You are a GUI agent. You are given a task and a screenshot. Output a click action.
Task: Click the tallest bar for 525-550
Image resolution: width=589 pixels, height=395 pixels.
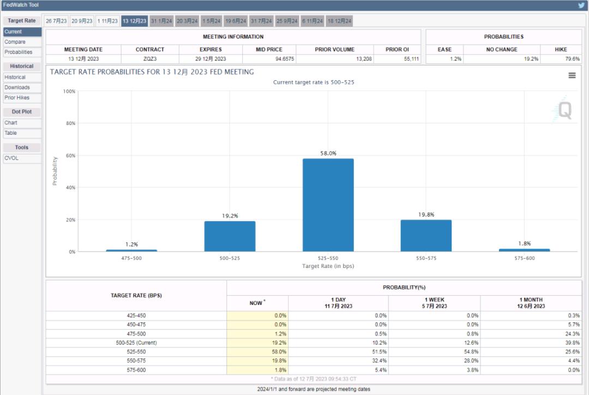(328, 205)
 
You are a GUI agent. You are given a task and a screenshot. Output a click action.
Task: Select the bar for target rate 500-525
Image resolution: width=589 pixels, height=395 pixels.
(230, 236)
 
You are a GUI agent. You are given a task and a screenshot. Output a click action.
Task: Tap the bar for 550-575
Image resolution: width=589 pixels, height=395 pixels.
(426, 235)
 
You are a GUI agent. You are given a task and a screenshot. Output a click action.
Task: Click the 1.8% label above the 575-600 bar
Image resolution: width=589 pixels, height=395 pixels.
(524, 243)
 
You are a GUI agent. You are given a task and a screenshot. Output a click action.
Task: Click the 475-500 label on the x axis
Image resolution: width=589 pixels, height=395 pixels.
(131, 258)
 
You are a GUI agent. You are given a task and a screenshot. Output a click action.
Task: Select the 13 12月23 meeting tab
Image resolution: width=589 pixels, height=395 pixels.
(134, 21)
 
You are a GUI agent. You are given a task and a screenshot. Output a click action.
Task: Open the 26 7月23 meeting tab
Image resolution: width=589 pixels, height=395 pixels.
(56, 21)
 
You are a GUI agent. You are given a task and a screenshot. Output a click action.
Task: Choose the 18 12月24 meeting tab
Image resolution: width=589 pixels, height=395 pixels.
(340, 21)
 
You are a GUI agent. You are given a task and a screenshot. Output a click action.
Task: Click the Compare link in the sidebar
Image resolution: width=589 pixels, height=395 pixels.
(15, 42)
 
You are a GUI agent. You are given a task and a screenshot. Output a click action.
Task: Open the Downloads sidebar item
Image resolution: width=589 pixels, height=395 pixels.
(17, 87)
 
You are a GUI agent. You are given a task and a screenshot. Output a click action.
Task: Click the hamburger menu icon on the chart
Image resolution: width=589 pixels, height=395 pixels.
(572, 75)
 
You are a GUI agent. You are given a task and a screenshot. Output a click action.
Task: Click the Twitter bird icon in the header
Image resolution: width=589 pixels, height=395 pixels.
(581, 5)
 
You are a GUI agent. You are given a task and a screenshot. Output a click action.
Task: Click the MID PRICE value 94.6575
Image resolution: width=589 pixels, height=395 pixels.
(285, 59)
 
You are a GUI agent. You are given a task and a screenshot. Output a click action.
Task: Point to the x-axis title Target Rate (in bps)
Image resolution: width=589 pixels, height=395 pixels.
(328, 266)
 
